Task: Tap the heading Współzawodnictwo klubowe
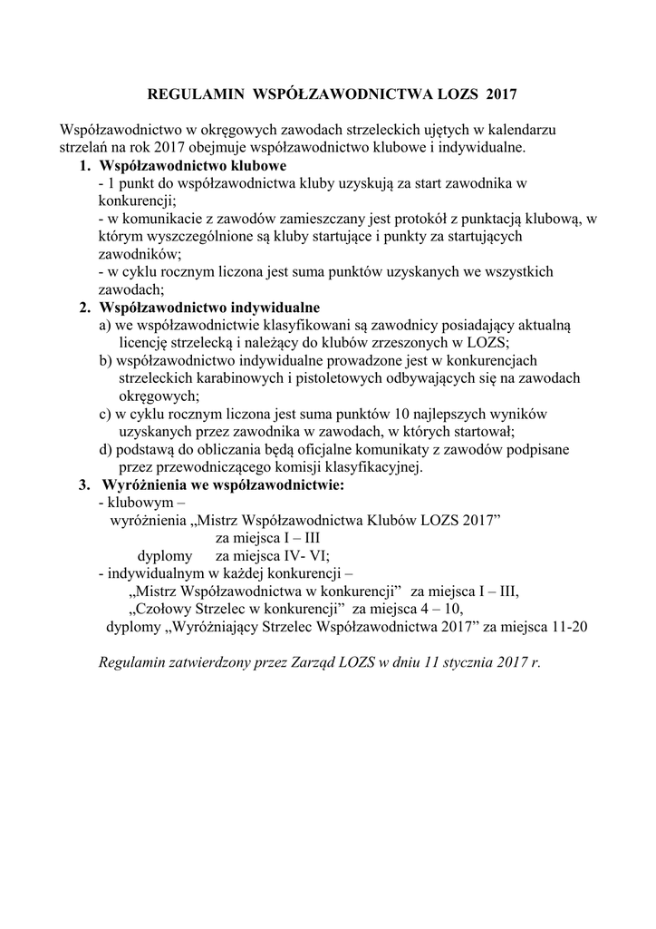[192, 166]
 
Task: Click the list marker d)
[105, 449]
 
